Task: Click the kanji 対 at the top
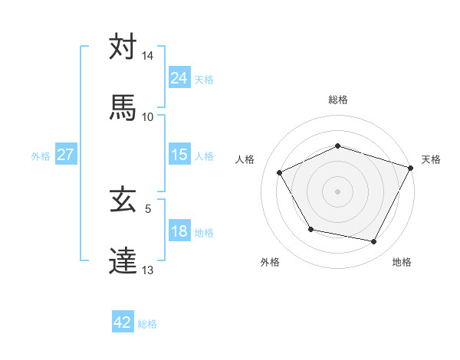(123, 47)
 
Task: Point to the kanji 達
(123, 260)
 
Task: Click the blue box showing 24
(179, 77)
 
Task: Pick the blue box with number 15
(179, 155)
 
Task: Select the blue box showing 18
(179, 231)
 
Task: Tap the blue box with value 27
(65, 155)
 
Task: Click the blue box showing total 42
(123, 322)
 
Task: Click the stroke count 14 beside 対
(148, 57)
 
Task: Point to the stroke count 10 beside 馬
(148, 117)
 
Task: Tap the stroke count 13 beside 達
(148, 270)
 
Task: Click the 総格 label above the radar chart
(337, 100)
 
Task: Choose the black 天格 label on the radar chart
(431, 159)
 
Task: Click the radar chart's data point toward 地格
(374, 242)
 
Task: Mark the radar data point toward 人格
(280, 172)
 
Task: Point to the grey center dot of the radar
(337, 191)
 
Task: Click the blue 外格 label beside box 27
(41, 155)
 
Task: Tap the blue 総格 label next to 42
(147, 323)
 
